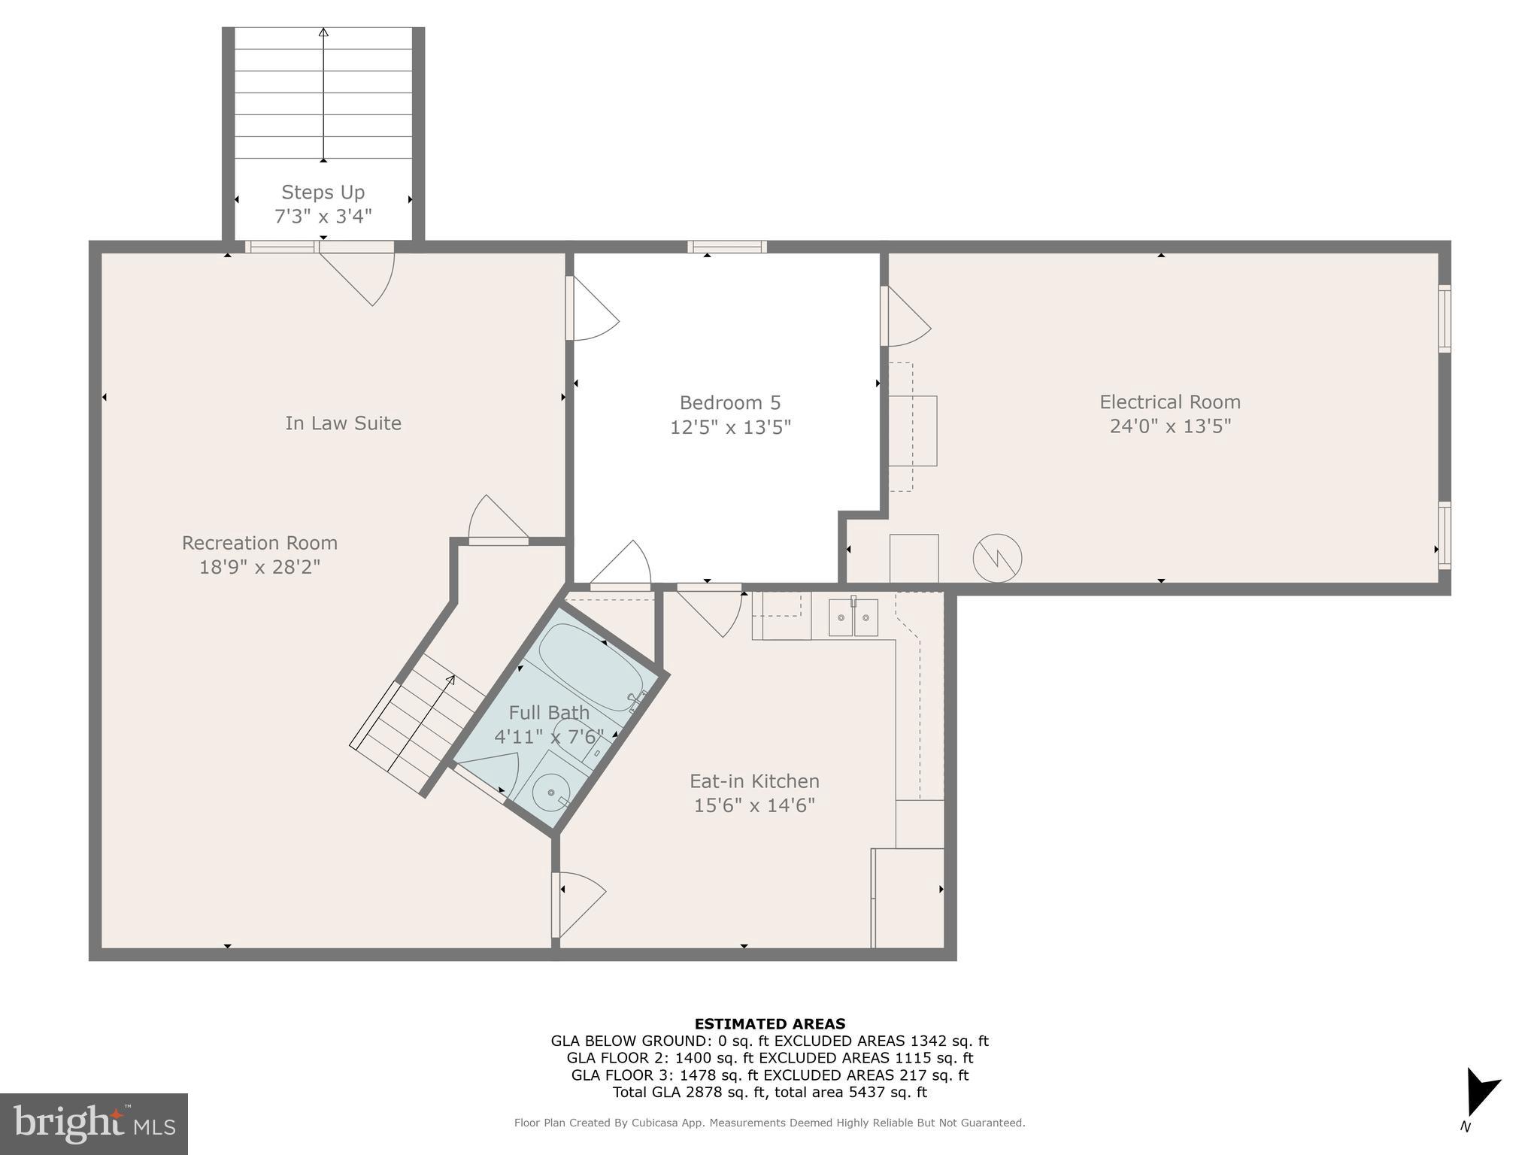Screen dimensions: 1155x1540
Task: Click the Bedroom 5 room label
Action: click(729, 402)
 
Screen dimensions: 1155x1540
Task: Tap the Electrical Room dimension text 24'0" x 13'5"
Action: click(1169, 426)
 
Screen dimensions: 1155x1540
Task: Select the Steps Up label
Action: click(323, 192)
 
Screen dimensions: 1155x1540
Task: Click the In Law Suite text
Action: click(343, 423)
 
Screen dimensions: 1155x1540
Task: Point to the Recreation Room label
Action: click(259, 543)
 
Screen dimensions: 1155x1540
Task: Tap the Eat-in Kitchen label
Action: click(754, 781)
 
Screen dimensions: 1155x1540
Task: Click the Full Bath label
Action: click(549, 712)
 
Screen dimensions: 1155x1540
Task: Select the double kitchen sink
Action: click(853, 617)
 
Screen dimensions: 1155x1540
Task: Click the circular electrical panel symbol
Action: click(997, 558)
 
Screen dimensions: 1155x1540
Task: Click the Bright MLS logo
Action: click(94, 1124)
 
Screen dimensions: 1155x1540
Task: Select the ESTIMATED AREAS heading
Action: click(769, 1023)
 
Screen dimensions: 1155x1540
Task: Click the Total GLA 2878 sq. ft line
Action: click(769, 1092)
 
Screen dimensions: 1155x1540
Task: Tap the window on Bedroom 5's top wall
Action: click(726, 247)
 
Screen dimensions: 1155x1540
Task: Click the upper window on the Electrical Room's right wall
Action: click(1444, 318)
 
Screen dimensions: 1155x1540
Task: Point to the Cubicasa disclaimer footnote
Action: click(769, 1123)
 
